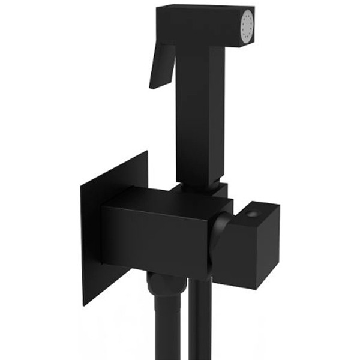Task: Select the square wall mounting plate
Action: (114, 228)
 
